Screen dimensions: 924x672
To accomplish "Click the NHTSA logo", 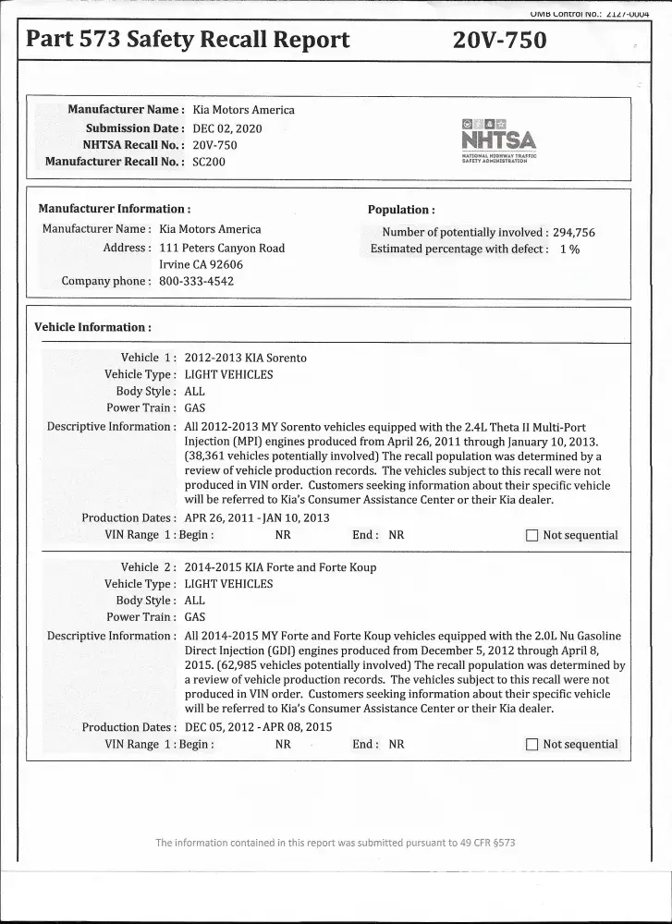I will click(x=498, y=140).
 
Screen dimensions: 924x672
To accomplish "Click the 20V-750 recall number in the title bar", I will click(x=500, y=40).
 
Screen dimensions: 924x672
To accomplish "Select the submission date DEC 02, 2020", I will click(x=227, y=128).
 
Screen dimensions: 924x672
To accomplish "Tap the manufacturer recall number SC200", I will click(x=209, y=162).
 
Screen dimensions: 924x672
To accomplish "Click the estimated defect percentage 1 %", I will click(x=569, y=249).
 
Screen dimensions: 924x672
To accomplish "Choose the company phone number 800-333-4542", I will click(x=197, y=281).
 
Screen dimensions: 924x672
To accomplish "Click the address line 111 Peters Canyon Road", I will click(x=222, y=248).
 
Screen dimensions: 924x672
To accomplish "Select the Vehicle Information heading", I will click(x=92, y=327).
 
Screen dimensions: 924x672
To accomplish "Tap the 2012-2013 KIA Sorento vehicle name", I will click(x=246, y=358).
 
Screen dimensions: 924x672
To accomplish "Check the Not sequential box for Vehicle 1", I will click(x=531, y=535).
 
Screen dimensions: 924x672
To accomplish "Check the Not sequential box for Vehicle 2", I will click(x=531, y=745).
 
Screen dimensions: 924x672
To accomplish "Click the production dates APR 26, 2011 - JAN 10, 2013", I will click(x=257, y=517).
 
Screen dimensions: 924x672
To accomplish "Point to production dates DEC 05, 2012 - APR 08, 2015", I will click(x=258, y=727).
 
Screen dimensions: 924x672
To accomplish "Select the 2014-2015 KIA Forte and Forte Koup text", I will click(x=281, y=567).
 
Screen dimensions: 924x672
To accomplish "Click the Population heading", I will click(x=401, y=210).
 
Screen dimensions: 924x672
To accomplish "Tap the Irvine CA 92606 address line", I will click(x=202, y=264).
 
